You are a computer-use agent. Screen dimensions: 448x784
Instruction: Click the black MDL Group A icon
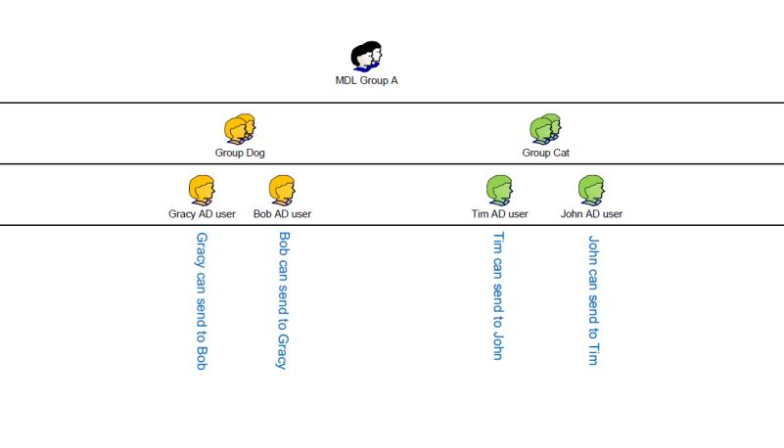coord(366,57)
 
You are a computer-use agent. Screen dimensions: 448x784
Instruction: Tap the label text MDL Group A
coord(366,81)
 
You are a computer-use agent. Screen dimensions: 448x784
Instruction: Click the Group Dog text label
coord(240,153)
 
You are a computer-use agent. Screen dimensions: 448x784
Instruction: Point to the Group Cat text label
coord(545,153)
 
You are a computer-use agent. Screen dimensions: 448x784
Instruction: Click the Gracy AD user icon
coord(202,189)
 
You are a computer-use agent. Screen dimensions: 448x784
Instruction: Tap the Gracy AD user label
coord(202,214)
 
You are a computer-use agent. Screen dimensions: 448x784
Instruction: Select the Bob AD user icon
coord(282,189)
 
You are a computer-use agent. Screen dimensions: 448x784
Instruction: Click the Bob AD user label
coord(282,214)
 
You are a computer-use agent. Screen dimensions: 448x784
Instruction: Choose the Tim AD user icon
coord(499,189)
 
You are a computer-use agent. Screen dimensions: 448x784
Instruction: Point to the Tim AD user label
coord(499,214)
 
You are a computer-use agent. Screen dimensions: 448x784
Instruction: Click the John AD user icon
coord(590,189)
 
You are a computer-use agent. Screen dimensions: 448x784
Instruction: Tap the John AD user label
coord(590,214)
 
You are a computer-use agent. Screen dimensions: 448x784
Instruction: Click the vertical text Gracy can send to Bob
coord(202,301)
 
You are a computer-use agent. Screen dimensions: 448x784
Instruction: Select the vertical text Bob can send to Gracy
coord(283,300)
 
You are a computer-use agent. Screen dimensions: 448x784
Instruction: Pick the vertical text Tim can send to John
coord(497,295)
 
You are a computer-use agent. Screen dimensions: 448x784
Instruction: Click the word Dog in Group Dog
coord(254,153)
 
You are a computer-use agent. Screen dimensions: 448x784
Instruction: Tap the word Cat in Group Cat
coord(560,153)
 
